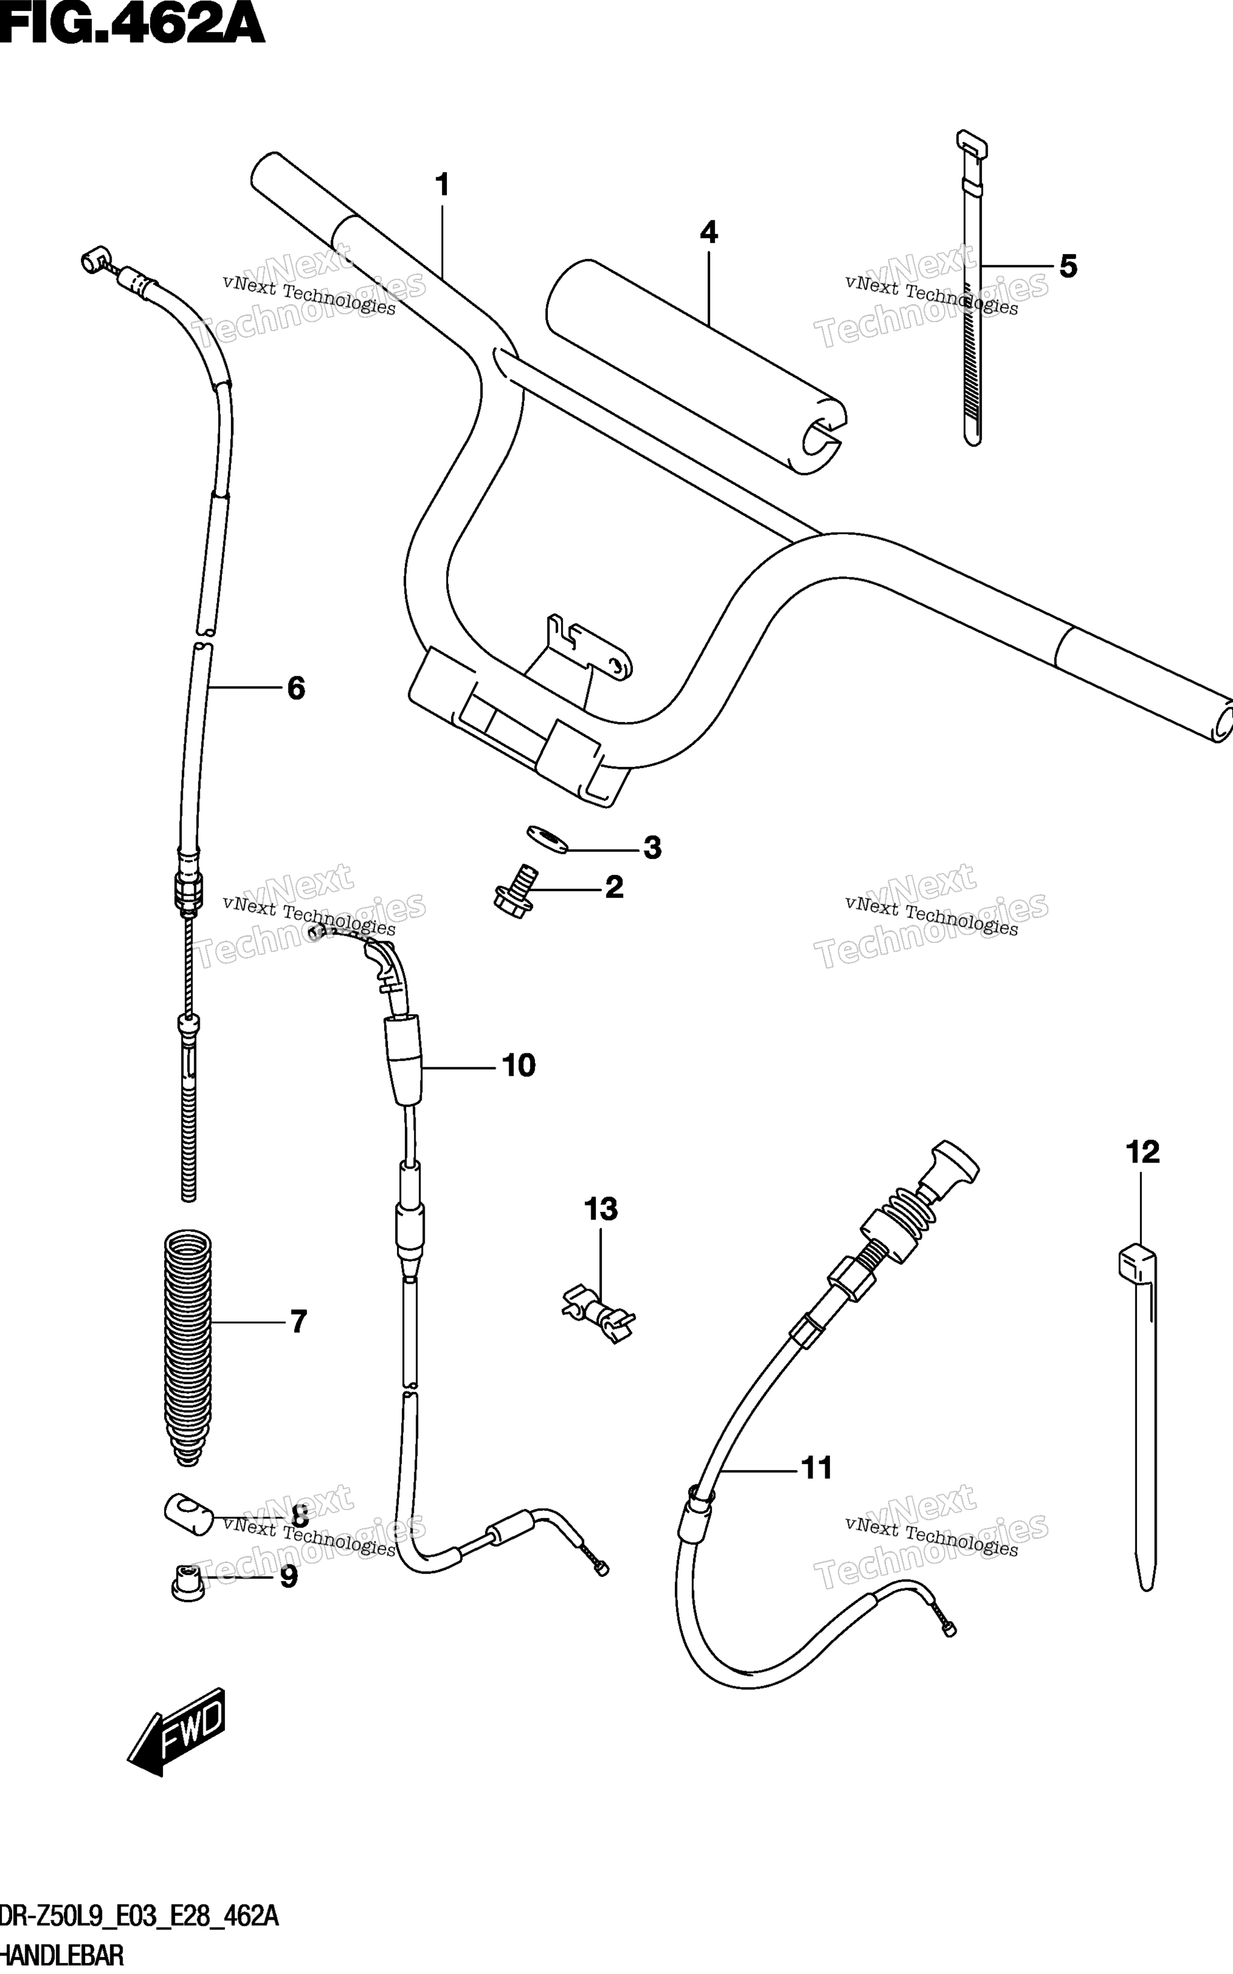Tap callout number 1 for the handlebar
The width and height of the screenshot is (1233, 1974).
coord(442,186)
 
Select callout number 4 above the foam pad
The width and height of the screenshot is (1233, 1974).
coord(709,233)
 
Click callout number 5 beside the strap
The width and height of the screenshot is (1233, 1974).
coord(1068,267)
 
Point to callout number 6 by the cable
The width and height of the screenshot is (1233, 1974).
coord(296,688)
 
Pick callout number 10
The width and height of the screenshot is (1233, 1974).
coord(519,1065)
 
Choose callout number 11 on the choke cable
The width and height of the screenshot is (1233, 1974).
coord(817,1468)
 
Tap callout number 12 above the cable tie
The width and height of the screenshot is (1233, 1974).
coord(1143,1152)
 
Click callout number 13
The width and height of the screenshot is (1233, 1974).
coord(600,1209)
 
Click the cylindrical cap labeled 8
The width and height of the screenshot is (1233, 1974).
coord(188,1515)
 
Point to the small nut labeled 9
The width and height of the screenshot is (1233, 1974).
coord(187,1582)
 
